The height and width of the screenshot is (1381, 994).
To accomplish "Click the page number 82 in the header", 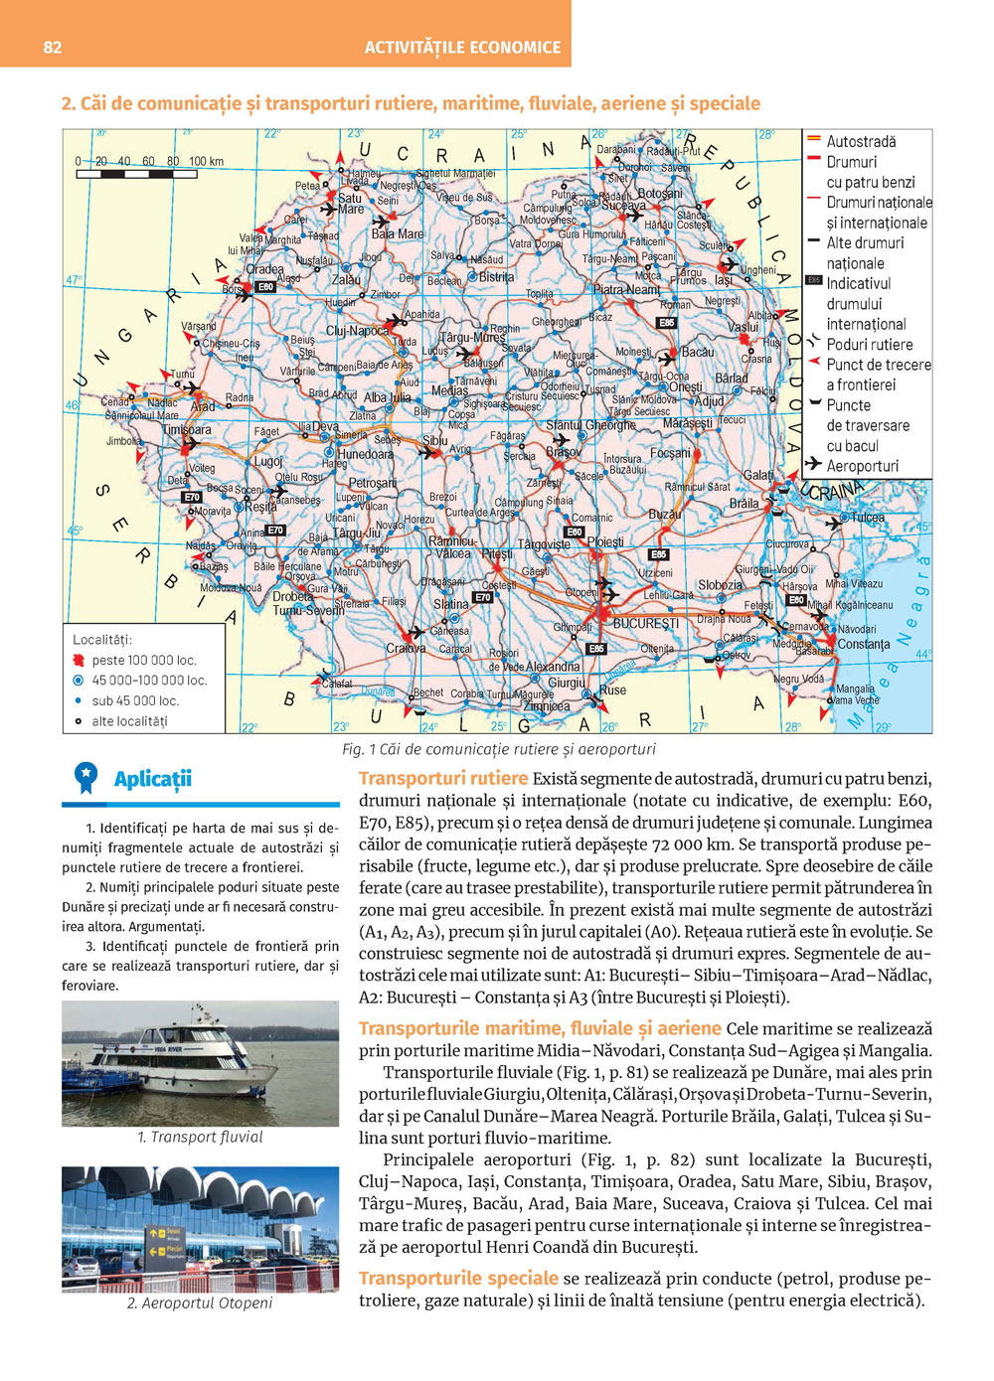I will click(53, 47).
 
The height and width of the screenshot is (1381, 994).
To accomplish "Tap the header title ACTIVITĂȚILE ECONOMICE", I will click(462, 47).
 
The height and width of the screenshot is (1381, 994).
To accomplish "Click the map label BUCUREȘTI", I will click(645, 623).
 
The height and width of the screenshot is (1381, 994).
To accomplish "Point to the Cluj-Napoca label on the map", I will click(358, 331).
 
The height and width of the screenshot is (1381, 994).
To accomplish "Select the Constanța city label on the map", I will click(863, 644).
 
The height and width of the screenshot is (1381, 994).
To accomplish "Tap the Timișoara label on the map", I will click(187, 430).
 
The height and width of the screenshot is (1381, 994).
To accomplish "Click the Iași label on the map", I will click(723, 280).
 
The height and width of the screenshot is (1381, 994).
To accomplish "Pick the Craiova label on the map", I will click(406, 649).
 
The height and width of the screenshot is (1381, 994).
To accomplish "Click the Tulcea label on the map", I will click(867, 518).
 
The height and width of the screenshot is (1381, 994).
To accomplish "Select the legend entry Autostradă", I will click(861, 142).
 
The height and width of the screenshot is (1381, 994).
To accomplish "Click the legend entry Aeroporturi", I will click(862, 466).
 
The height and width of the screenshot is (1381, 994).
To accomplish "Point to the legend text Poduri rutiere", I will click(869, 345).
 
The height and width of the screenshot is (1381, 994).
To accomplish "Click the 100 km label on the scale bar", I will click(206, 161).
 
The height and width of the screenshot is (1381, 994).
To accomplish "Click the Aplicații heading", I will click(152, 779).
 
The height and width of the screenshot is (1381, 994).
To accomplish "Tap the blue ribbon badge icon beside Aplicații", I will click(86, 777).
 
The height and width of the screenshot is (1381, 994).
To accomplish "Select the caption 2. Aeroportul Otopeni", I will click(200, 1303).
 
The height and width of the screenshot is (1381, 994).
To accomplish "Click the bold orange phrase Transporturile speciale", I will click(458, 1279).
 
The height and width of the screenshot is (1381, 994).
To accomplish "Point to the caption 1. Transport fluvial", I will click(200, 1137).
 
